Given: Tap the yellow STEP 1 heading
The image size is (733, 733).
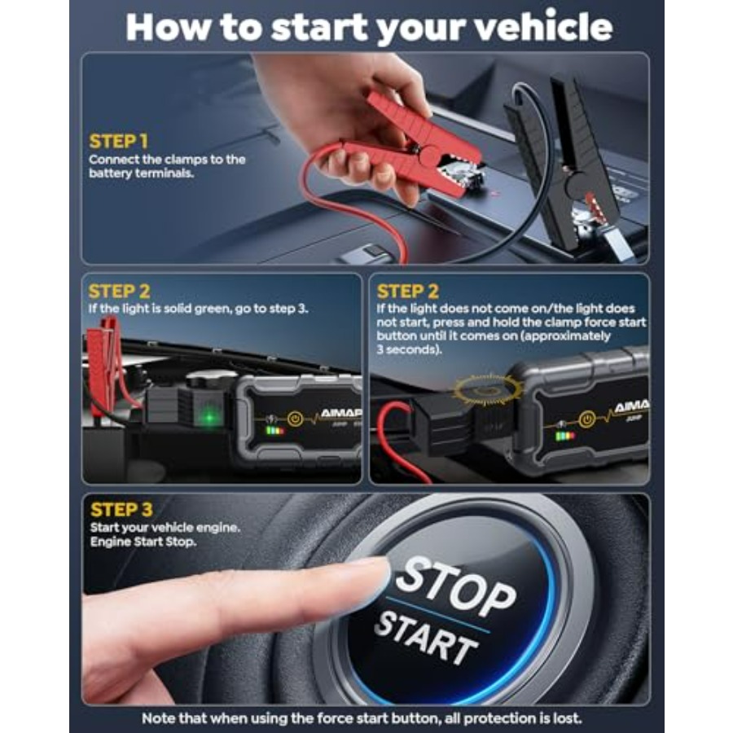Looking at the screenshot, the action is point(119,141).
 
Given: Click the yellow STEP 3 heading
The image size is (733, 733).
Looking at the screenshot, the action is point(121,510).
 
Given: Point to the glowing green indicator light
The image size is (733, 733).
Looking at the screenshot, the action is point(210,416).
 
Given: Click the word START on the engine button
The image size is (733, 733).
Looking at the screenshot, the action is point(425,637).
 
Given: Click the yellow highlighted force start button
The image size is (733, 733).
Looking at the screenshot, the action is point(488,388).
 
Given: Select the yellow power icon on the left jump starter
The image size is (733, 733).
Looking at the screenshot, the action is point(295,418).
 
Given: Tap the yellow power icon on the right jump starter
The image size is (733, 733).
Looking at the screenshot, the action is point(587,419).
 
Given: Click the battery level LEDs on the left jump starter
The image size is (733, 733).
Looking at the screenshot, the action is point(275,431).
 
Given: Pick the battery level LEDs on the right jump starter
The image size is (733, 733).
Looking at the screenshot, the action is point(565,437).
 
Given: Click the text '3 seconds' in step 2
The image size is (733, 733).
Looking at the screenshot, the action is point(408,349).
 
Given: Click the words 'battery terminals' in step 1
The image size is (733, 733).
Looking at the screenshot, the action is point(141,173).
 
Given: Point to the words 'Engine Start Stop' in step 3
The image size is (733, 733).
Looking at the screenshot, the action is point(143,542).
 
